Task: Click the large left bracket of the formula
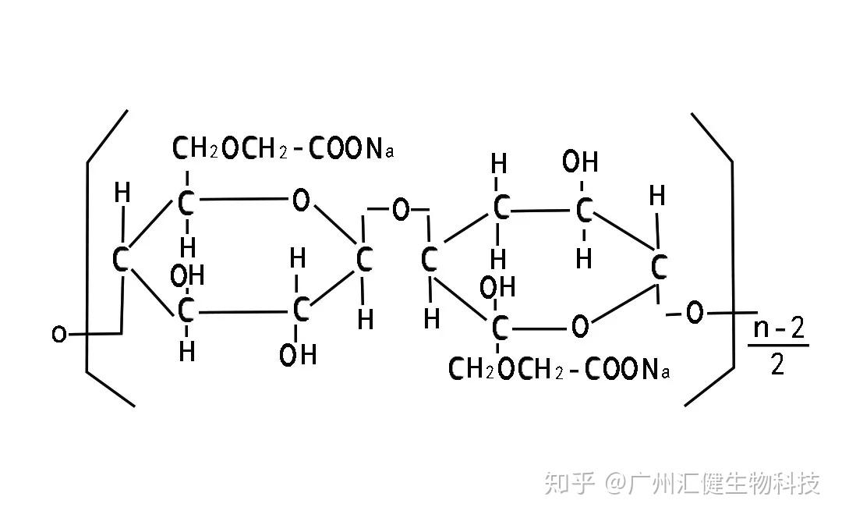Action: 88,257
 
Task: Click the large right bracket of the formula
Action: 732,257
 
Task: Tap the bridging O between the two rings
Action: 400,209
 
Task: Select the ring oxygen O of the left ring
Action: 300,200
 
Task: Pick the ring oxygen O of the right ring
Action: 579,326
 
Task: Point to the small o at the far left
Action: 58,335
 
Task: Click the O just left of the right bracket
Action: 694,314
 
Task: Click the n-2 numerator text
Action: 777,328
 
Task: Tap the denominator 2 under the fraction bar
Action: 777,364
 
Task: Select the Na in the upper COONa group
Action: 380,149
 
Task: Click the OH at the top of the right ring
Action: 580,163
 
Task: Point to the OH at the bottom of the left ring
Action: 298,355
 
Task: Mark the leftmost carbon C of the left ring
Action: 120,260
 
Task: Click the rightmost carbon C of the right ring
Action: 659,268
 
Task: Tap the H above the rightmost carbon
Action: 657,196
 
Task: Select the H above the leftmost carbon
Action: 122,193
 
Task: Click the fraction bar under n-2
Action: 779,346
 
